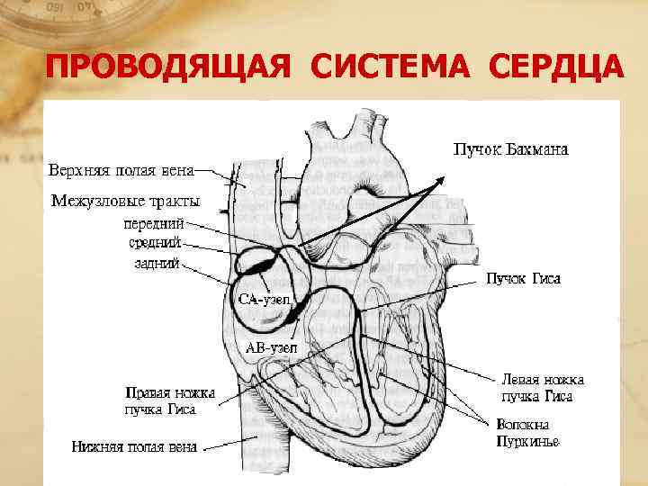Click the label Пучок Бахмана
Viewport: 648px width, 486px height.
[x=509, y=149]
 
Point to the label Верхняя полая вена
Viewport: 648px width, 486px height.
[x=121, y=170]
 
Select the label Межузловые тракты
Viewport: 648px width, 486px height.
[x=125, y=200]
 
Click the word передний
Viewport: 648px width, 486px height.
[x=155, y=222]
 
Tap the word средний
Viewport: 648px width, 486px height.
[x=155, y=242]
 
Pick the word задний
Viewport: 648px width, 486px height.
[x=158, y=265]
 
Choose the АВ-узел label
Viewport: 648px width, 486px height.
[x=272, y=346]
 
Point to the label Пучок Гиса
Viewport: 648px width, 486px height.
[x=524, y=279]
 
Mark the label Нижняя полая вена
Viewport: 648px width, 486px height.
[x=136, y=445]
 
